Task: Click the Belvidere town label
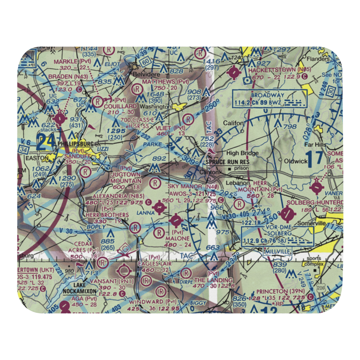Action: [x=146, y=74]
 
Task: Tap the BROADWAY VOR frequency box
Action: [x=270, y=99]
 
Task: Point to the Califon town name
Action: [x=234, y=123]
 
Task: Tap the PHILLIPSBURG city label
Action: [x=76, y=144]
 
